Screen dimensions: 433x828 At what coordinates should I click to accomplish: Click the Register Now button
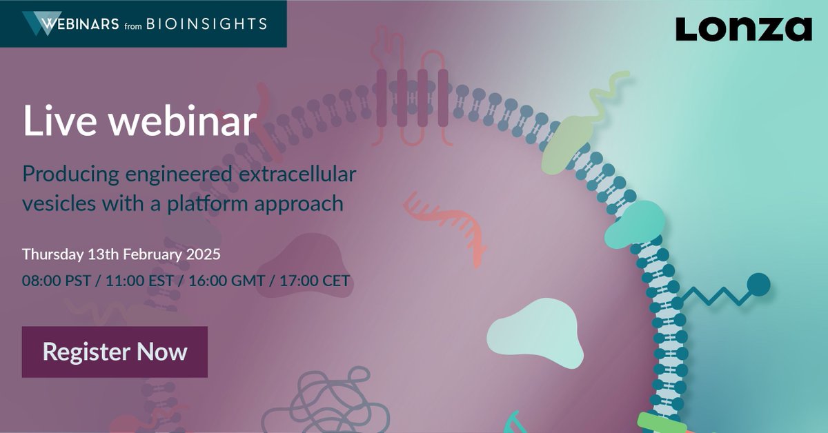point(115,352)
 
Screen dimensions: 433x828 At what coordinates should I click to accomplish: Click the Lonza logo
point(743,29)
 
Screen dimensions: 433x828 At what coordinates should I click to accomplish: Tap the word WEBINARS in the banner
point(79,24)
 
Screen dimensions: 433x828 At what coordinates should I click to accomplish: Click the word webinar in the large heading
point(182,122)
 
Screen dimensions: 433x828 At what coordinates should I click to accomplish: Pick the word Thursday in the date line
point(52,254)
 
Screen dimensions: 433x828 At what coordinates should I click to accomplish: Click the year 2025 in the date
point(202,254)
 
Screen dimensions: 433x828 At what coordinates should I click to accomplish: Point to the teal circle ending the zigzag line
point(758,283)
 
